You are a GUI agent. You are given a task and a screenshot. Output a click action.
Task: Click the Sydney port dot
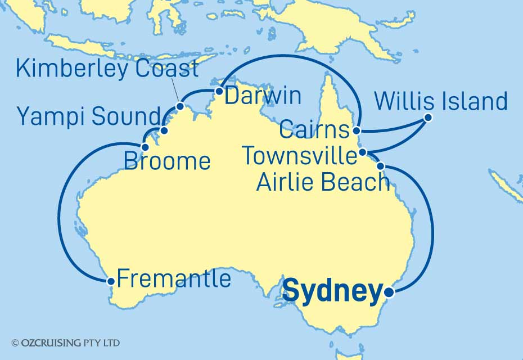click(x=389, y=292)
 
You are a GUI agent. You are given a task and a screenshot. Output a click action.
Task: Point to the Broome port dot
click(x=145, y=147)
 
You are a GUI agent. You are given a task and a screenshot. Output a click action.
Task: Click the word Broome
click(x=166, y=162)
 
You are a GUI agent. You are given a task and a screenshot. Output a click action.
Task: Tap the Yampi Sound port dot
click(x=164, y=130)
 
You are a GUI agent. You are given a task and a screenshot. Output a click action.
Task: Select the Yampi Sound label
click(x=89, y=117)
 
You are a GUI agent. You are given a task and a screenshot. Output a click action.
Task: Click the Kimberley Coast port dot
click(x=180, y=106)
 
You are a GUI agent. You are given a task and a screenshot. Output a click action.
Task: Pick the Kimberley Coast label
click(x=107, y=69)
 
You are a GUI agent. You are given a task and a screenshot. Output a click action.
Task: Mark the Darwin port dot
click(x=219, y=90)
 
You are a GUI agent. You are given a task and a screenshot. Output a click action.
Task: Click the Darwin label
click(x=263, y=96)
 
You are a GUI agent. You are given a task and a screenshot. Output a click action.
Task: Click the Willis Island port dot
click(x=428, y=118)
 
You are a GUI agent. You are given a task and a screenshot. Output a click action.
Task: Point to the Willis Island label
click(x=440, y=102)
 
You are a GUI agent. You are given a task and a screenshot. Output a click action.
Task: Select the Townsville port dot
click(x=363, y=152)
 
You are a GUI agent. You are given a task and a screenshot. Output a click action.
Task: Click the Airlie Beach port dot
click(x=381, y=166)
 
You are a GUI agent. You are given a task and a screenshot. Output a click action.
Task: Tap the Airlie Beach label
click(x=322, y=182)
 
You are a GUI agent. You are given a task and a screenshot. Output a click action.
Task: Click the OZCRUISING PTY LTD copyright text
click(x=65, y=343)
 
